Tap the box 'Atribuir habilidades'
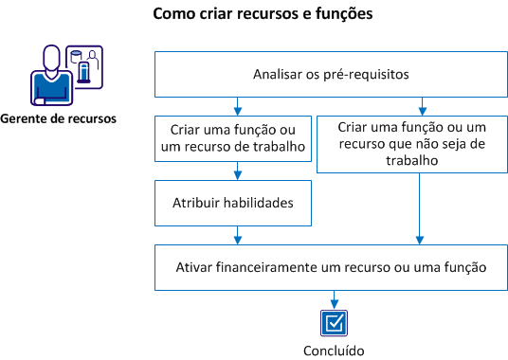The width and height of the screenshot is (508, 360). click(233, 204)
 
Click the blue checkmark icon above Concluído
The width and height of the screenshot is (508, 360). click(333, 323)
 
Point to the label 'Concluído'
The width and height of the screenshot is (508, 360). click(333, 350)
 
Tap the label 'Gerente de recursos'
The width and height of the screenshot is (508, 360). click(58, 118)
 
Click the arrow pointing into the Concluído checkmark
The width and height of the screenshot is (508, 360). click(333, 298)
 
